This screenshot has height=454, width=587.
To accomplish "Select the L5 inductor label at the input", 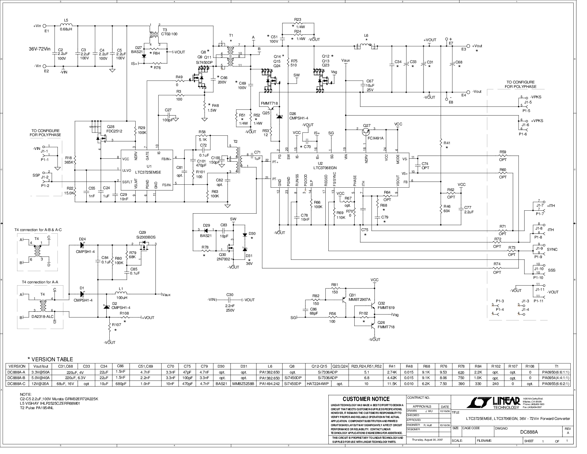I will [66, 20].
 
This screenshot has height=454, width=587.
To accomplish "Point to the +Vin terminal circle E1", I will [45, 26].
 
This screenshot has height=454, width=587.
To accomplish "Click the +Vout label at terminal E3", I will [477, 46].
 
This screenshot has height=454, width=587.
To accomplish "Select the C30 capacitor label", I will [230, 295].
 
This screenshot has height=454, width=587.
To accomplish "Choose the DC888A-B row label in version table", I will [17, 378].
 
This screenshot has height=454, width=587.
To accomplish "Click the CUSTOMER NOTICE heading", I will [366, 399].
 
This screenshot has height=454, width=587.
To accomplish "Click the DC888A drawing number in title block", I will [529, 432].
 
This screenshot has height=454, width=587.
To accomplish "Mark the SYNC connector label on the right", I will [552, 249].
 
